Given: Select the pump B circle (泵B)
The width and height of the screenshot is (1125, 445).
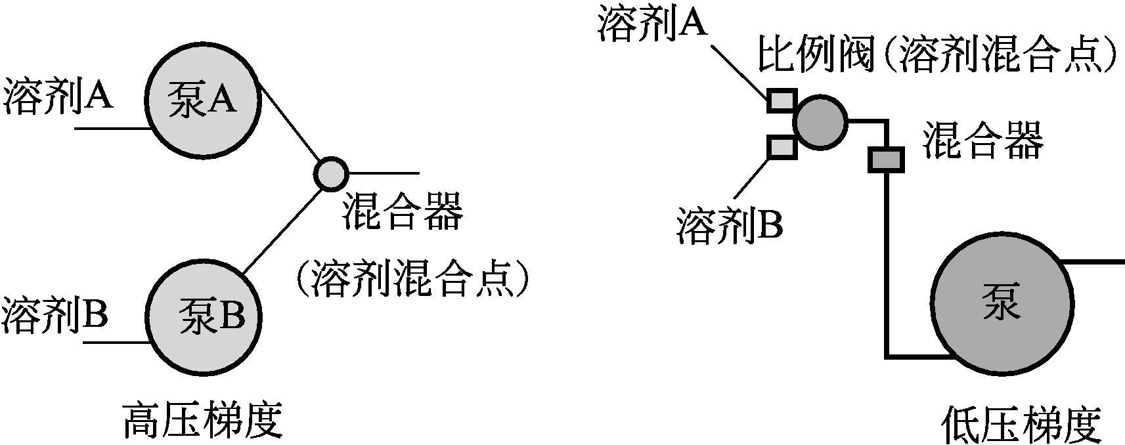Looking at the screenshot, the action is [202, 318].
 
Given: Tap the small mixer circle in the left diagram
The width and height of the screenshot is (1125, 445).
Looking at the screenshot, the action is [330, 174].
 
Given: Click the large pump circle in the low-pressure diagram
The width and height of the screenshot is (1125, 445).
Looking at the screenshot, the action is [1001, 304].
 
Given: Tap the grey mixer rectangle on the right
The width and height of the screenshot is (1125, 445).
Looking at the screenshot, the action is [886, 159].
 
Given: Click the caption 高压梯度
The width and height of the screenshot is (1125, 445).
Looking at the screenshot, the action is [202, 421].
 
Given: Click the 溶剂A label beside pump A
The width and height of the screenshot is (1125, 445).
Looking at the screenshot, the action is [58, 97].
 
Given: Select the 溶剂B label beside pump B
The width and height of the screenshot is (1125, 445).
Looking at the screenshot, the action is [55, 315].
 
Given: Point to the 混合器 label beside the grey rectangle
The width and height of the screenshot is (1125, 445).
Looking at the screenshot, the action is [983, 142].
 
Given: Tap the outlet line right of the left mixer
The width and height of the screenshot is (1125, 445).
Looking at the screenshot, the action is [383, 174].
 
